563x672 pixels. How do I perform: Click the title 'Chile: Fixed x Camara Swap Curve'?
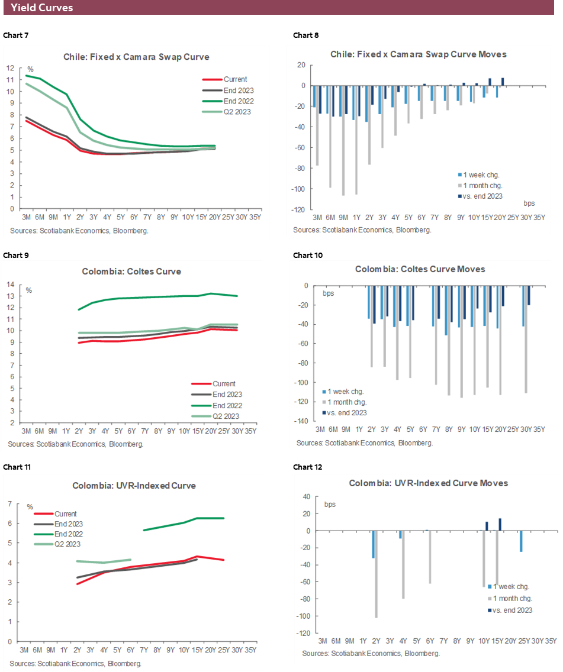pyautogui.click(x=136, y=57)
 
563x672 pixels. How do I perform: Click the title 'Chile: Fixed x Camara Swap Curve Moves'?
pyautogui.click(x=418, y=54)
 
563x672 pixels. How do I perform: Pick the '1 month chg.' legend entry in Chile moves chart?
pyautogui.click(x=480, y=186)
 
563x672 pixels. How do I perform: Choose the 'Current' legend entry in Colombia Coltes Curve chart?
pyautogui.click(x=224, y=383)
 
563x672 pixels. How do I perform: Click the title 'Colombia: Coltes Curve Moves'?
pyautogui.click(x=420, y=269)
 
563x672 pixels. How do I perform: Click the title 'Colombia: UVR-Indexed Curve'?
pyautogui.click(x=134, y=486)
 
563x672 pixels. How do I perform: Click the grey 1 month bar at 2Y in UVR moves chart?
pyautogui.click(x=377, y=574)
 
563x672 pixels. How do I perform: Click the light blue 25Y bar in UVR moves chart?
pyautogui.click(x=521, y=541)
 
